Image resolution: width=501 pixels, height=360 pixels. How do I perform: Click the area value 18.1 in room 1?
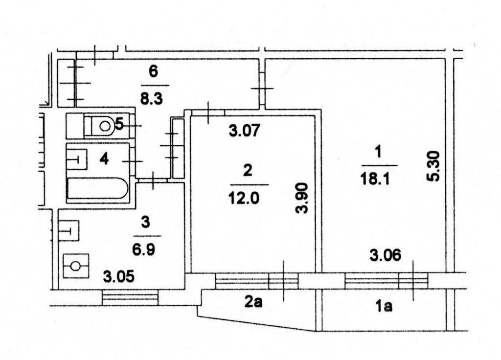pos(375,179)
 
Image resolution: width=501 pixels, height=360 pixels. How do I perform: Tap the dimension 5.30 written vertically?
pos(433,166)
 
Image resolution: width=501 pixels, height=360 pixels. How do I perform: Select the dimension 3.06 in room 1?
pos(385,255)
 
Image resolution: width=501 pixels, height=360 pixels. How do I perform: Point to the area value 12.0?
pos(244,198)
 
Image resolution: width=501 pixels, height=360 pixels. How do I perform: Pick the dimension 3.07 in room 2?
pos(245,131)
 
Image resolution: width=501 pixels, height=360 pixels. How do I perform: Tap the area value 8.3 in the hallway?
pos(152,98)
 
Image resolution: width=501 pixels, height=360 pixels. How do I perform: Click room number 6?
pos(153,71)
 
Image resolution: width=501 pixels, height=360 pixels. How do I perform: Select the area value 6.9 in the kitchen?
pos(144,249)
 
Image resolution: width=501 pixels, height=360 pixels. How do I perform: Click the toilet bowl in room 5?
pos(101,126)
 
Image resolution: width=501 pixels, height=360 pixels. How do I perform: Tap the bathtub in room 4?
pos(97,188)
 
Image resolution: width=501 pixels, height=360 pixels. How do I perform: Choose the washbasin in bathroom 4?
pos(77,159)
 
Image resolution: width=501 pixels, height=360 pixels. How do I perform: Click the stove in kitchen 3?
pos(76,266)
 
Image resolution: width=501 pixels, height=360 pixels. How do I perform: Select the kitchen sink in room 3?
pos(68,230)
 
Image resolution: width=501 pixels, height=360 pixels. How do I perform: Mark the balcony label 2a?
pos(253,301)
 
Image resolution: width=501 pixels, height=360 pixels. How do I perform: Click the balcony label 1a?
pos(384,306)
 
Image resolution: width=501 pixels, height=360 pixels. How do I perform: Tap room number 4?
pos(104,158)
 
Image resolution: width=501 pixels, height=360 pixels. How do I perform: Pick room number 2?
pos(248,170)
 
